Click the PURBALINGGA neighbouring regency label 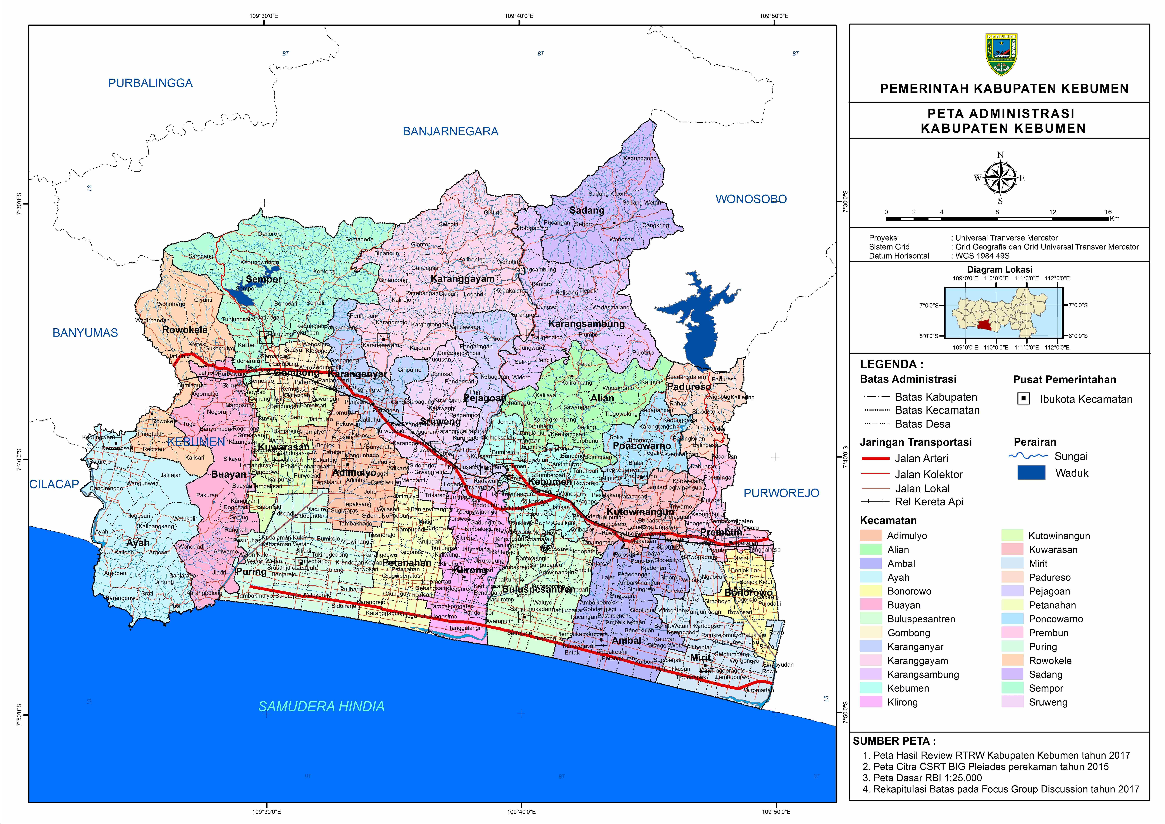click(x=150, y=83)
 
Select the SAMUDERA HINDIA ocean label click(x=321, y=706)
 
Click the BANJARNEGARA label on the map click(x=451, y=131)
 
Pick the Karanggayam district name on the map click(x=462, y=279)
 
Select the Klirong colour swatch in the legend click(x=871, y=702)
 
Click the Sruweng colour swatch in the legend click(x=1012, y=702)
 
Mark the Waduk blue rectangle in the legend click(x=1031, y=473)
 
